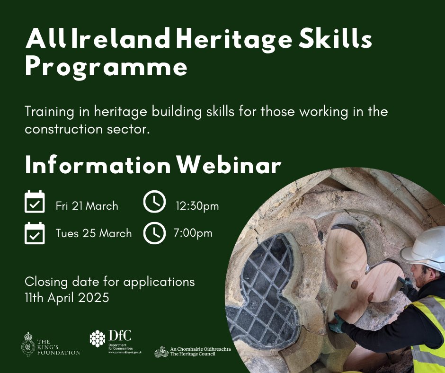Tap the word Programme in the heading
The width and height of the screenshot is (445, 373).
pos(106,67)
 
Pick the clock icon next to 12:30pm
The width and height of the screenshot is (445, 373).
pos(154,203)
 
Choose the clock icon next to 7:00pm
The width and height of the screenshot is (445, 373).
pos(154,232)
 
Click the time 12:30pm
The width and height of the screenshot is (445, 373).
pos(197,205)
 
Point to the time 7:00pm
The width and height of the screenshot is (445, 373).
pos(193,233)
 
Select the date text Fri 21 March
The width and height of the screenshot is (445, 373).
pos(87,206)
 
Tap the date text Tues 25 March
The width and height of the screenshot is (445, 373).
pos(93,233)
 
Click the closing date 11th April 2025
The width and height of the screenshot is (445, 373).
pos(67,298)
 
